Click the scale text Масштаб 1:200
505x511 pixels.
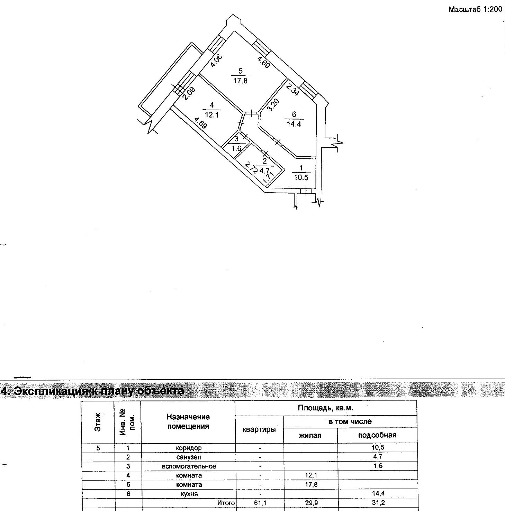coord(475,9)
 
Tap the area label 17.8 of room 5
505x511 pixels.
coord(240,81)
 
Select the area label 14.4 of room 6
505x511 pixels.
coord(294,124)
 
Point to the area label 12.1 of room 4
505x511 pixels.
coord(211,115)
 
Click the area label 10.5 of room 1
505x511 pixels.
coord(301,178)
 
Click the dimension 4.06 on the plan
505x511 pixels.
coord(217,62)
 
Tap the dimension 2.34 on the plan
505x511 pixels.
coord(292,91)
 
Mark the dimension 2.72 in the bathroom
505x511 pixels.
coord(251,168)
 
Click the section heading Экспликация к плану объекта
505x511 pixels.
coord(93,391)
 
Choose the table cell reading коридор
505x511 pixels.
coord(189,448)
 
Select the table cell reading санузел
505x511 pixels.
coord(189,457)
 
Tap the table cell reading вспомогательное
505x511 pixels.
coord(189,466)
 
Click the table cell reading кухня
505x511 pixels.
coord(189,494)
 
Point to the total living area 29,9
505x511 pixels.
coord(311,503)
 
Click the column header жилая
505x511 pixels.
coord(310,436)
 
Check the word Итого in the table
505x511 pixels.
coord(226,503)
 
